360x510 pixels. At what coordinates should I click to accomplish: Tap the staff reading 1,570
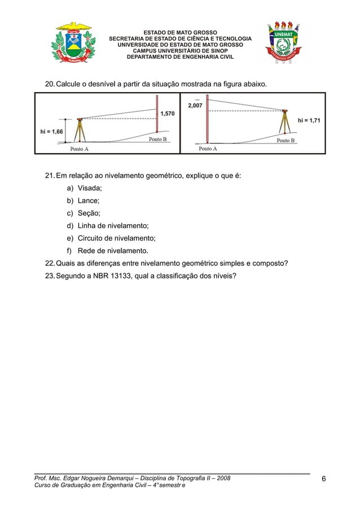(x=167, y=114)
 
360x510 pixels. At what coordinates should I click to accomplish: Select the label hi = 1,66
(x=51, y=131)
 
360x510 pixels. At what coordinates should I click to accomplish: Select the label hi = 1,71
(x=309, y=120)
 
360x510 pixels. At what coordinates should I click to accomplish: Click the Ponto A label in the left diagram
(x=79, y=149)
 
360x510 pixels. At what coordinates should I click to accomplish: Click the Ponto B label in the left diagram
(x=157, y=139)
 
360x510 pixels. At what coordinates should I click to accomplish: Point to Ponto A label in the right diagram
(x=208, y=149)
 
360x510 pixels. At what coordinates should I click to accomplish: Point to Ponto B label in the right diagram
(x=286, y=140)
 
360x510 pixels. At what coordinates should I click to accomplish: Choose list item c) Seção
(x=84, y=213)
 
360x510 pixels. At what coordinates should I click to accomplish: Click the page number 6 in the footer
(x=324, y=480)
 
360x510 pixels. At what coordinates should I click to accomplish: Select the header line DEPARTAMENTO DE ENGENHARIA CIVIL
(x=180, y=57)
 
